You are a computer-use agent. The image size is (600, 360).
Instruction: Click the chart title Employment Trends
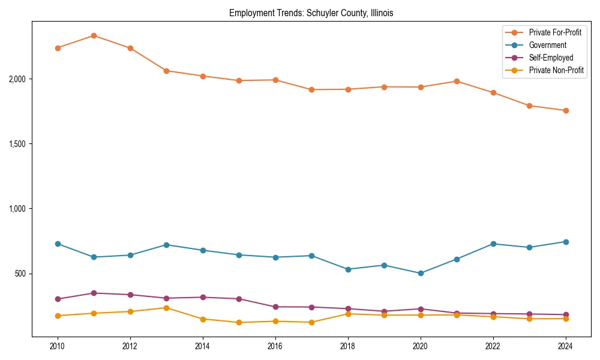311,13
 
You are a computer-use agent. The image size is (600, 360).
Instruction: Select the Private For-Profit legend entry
555,32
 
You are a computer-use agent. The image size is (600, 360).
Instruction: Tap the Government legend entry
547,45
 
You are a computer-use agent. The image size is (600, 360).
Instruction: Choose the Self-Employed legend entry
551,58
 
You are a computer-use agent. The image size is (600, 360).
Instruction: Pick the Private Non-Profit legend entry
556,70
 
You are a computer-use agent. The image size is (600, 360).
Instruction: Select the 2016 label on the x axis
275,346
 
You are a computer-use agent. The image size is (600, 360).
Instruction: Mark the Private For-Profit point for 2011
94,35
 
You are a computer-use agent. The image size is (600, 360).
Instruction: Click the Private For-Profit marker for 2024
566,110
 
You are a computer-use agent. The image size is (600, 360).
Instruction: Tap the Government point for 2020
421,273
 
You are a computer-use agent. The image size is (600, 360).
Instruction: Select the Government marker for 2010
58,244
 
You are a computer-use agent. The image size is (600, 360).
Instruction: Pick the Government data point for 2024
566,242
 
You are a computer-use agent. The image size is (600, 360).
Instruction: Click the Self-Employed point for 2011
94,293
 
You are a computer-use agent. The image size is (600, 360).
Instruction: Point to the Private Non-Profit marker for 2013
166,308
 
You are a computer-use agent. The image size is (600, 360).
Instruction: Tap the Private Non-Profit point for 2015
239,322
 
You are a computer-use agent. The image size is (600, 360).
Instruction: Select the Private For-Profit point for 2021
457,81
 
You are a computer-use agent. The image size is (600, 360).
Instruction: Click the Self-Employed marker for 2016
275,307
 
